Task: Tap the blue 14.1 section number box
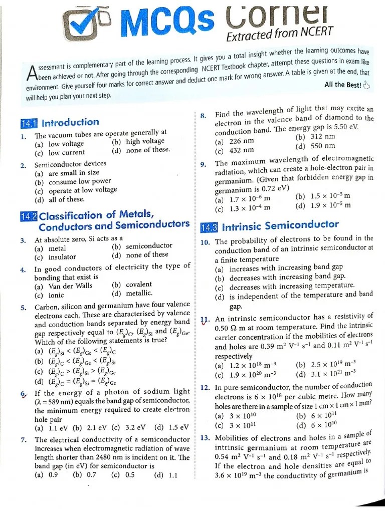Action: click(x=29, y=123)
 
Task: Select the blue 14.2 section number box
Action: click(x=29, y=216)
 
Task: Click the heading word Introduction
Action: click(x=71, y=122)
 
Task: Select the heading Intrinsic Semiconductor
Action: click(x=280, y=225)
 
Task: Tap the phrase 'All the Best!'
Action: click(x=342, y=85)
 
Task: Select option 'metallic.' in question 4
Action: click(x=139, y=294)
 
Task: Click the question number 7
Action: click(x=24, y=440)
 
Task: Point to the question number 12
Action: click(x=205, y=387)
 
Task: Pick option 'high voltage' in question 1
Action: click(x=145, y=141)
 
